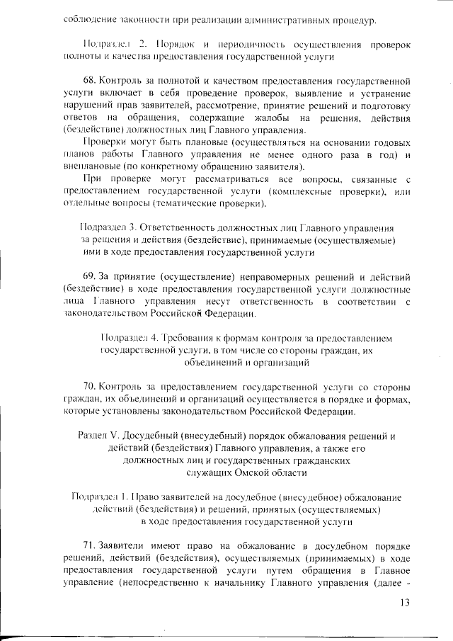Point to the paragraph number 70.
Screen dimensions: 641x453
(x=90, y=387)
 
